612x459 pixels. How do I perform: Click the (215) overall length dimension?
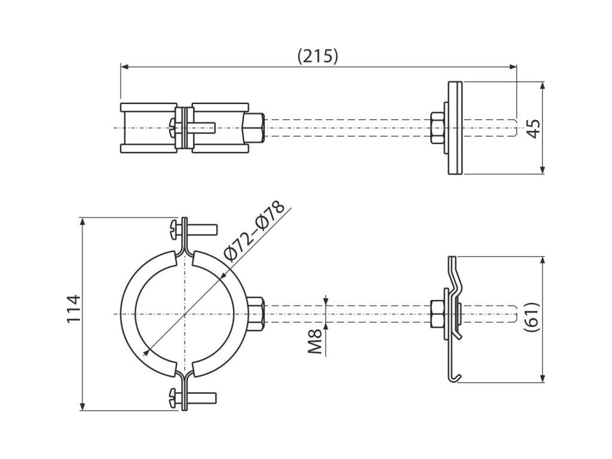pos(317,56)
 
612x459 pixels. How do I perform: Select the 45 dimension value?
pos(534,128)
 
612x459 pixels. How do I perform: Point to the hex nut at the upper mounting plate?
pos(436,127)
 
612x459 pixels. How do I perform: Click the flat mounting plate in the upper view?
pos(456,128)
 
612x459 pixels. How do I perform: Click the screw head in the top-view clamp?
pos(172,126)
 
